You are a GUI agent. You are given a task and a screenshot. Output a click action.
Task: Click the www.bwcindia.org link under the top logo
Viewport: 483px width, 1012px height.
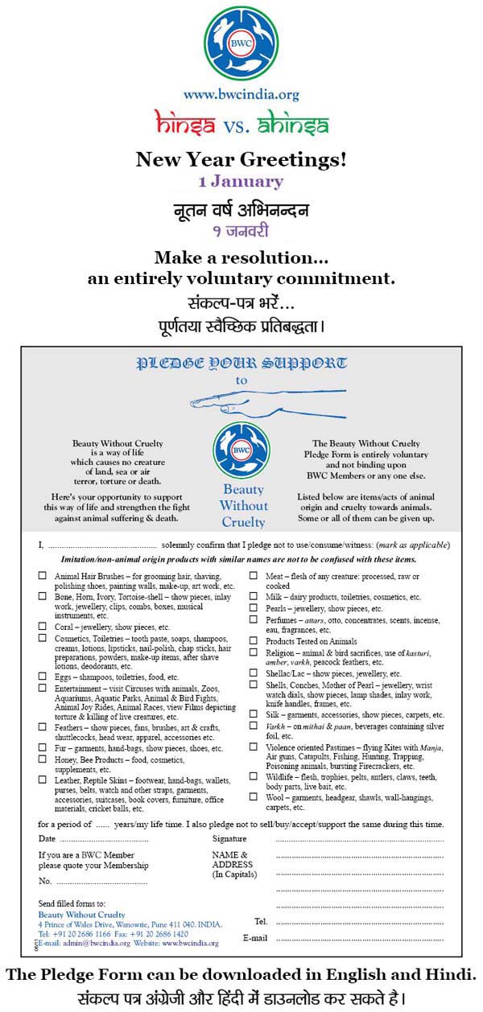click(x=241, y=95)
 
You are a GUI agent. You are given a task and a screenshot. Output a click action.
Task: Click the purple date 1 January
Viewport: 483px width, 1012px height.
click(x=241, y=182)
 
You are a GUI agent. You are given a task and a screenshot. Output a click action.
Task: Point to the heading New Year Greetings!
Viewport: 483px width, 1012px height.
click(x=241, y=159)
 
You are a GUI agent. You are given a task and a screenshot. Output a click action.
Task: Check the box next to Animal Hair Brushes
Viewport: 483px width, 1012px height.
click(x=43, y=576)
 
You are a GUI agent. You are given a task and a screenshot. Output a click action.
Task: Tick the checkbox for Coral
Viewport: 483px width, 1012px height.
click(x=43, y=626)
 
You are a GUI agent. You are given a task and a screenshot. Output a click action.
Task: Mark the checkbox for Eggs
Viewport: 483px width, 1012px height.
click(x=43, y=677)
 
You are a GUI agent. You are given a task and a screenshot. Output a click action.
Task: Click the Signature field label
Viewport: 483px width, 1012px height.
click(x=229, y=838)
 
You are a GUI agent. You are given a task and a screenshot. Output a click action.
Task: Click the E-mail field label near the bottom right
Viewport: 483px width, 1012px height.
click(x=255, y=938)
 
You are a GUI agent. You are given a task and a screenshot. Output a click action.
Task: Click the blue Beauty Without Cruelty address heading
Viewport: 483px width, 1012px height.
click(x=81, y=915)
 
